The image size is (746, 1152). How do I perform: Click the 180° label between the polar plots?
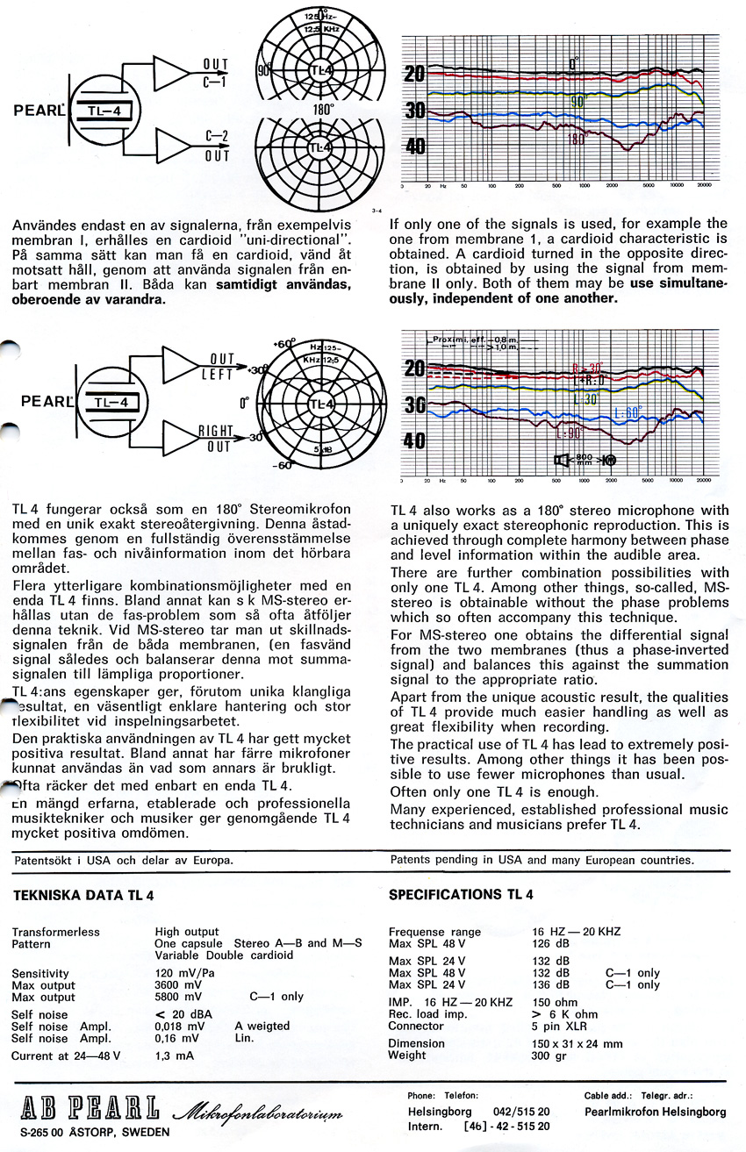pyautogui.click(x=321, y=111)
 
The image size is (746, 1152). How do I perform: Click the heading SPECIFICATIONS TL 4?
pyautogui.click(x=461, y=895)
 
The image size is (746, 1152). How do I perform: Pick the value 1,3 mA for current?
pyautogui.click(x=175, y=1055)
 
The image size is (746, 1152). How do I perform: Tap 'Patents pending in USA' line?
pyautogui.click(x=542, y=860)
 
